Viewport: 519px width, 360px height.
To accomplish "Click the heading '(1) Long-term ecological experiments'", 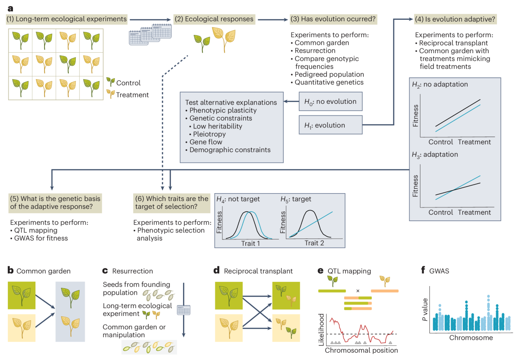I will point(67,19).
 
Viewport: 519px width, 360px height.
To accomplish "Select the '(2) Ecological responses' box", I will point(214,19).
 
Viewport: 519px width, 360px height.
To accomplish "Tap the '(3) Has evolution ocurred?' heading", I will point(333,19).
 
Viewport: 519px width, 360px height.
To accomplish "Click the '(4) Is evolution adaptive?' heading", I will point(455,19).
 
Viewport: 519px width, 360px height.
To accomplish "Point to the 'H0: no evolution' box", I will point(330,102).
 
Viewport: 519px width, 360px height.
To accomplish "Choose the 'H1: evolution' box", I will point(330,125).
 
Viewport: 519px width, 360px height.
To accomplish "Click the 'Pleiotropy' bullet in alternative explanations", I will point(210,134).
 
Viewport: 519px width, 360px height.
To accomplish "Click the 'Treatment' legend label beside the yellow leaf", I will point(132,95).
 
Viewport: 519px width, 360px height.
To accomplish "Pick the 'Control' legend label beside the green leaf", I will point(128,83).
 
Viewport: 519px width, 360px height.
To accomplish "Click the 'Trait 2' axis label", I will point(314,243).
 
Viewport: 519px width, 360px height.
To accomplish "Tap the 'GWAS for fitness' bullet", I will point(39,238).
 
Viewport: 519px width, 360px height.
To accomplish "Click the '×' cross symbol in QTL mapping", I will point(358,290).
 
